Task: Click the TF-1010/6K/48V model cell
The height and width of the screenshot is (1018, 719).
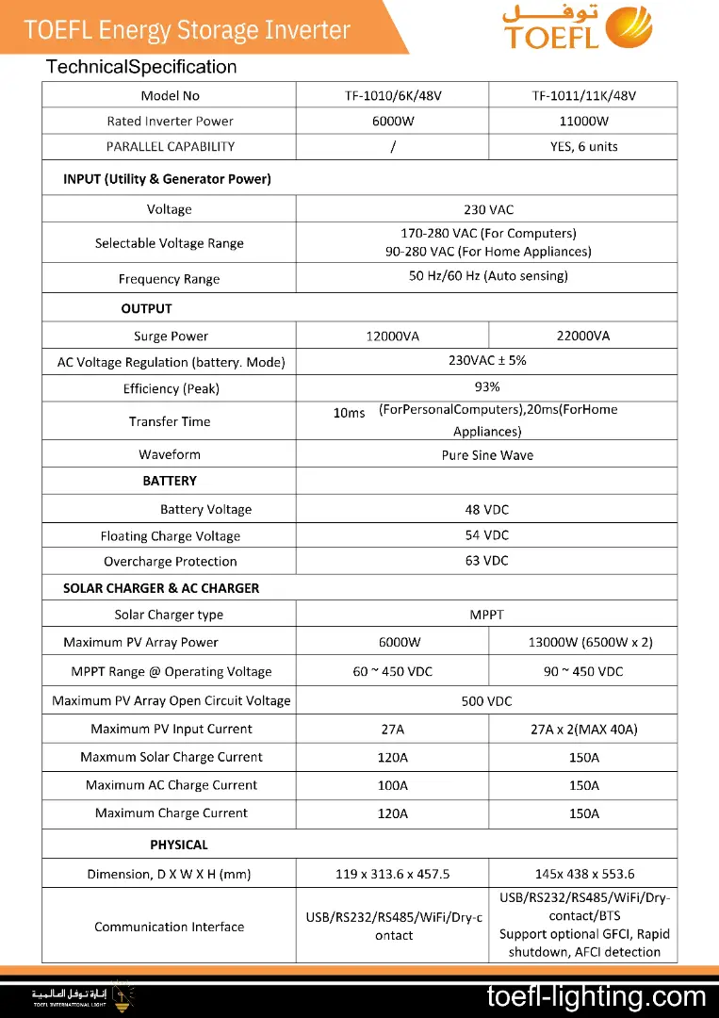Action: (392, 96)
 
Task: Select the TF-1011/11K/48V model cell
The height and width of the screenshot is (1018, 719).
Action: (583, 96)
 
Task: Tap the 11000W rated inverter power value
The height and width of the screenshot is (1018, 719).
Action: (583, 122)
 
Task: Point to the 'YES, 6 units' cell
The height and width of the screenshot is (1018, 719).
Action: (583, 147)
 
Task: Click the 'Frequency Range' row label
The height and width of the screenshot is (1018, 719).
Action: (169, 279)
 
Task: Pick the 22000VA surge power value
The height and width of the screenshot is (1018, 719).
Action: (583, 337)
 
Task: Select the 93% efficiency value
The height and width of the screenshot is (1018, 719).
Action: (486, 387)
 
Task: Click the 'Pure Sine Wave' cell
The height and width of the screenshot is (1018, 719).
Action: (486, 455)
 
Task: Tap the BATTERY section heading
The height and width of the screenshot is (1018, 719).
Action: (170, 481)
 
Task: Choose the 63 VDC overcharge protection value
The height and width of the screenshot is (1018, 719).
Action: (486, 561)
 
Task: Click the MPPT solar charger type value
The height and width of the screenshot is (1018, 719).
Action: (486, 615)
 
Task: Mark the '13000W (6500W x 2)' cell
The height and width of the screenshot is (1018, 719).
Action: (590, 643)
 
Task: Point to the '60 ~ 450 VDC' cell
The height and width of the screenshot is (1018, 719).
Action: (392, 672)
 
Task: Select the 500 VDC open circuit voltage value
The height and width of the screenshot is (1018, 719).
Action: (486, 701)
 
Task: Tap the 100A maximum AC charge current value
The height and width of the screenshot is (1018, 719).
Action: (392, 785)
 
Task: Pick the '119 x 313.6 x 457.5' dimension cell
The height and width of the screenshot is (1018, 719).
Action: (392, 875)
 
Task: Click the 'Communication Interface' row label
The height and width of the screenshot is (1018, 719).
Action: (169, 927)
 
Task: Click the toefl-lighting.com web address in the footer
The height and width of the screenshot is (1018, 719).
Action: (596, 996)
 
